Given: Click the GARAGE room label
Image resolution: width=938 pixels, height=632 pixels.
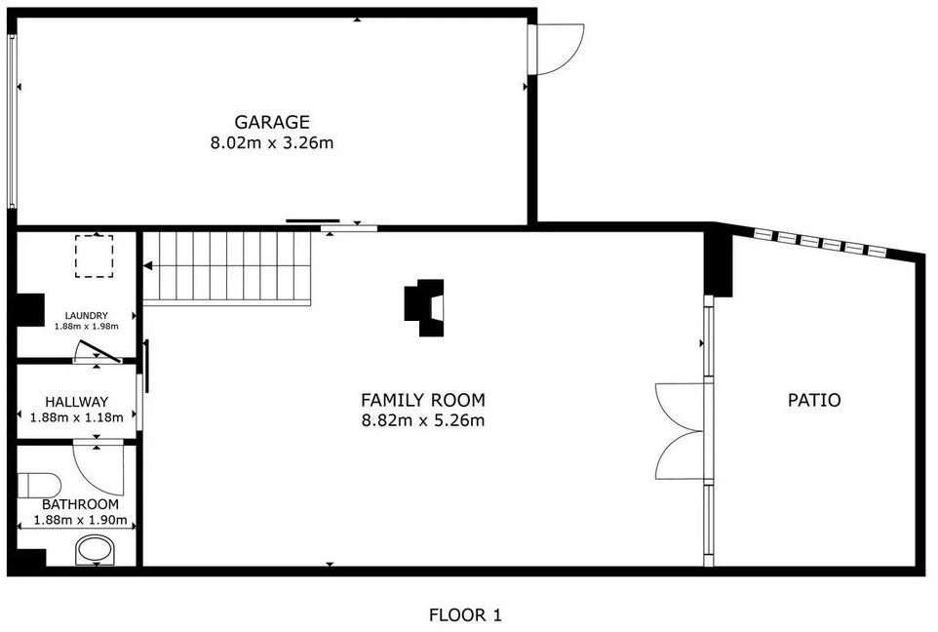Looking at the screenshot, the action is point(272,122).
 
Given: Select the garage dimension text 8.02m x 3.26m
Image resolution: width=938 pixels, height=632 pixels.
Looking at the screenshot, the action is point(272,143).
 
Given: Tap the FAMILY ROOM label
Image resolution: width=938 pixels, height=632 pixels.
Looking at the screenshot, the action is point(423,400).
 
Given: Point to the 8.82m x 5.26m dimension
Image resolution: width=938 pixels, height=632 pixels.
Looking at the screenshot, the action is point(423,420).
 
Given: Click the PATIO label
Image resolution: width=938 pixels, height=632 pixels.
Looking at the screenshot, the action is point(814,400).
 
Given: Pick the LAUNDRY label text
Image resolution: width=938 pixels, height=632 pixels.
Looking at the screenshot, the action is point(86,315).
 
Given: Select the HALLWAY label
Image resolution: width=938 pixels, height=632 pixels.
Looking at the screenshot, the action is point(77,402).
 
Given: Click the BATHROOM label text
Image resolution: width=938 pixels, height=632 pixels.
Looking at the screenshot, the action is point(80,504).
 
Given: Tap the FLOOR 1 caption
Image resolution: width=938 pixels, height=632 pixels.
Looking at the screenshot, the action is point(465,614).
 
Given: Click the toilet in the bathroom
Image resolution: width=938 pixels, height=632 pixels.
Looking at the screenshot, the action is point(39,486).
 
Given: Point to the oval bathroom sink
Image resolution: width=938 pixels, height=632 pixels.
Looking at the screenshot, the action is point(96,550).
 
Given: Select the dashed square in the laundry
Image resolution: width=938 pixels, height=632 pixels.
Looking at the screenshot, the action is point(94,257).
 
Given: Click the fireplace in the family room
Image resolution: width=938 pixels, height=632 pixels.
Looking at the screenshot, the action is point(424,307).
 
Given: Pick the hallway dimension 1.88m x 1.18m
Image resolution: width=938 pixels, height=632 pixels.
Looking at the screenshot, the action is point(77,417).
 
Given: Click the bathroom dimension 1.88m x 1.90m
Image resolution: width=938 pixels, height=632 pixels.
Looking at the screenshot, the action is point(80,520).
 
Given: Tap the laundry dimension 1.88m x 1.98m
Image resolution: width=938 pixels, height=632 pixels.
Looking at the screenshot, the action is point(86,326).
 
